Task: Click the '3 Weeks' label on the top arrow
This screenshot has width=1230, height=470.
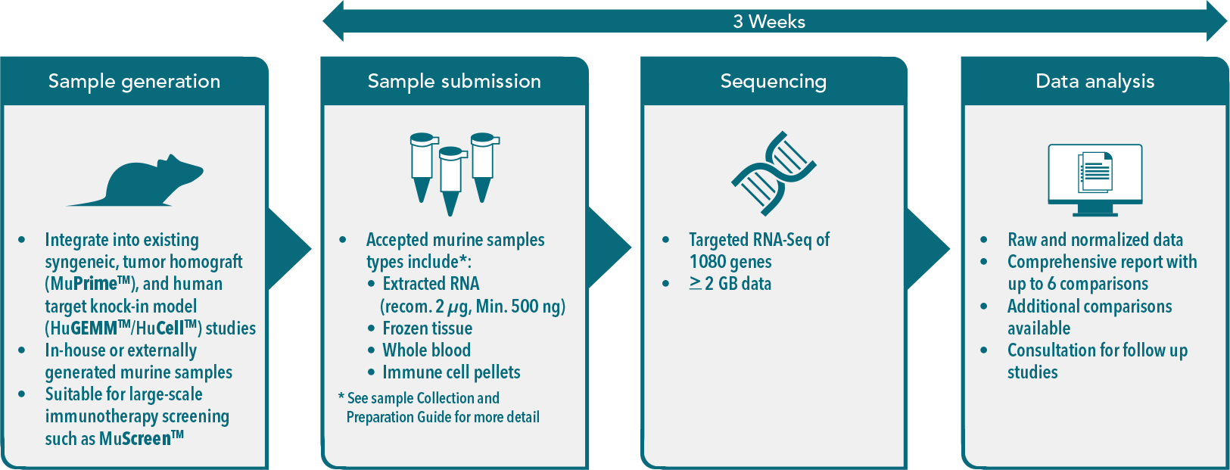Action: [x=768, y=21]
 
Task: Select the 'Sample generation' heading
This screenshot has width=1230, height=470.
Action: [x=134, y=81]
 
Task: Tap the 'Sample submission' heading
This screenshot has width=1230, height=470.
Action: [x=454, y=81]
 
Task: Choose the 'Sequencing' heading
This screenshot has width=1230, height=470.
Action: [x=773, y=81]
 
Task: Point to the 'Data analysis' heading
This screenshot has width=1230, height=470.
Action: [x=1095, y=81]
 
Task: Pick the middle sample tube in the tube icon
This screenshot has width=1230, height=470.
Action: [x=450, y=179]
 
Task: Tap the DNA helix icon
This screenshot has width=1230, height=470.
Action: [x=773, y=173]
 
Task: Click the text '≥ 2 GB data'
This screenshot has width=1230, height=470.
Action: [x=730, y=284]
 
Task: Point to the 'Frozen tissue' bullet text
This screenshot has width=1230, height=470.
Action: [x=427, y=328]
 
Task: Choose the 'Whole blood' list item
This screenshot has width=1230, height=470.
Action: [x=426, y=350]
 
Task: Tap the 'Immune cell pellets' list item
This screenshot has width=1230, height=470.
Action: [x=451, y=372]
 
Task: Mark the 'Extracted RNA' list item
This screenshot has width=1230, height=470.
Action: [x=431, y=284]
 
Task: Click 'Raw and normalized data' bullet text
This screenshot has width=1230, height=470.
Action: [x=1095, y=240]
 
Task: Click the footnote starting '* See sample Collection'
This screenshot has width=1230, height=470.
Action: [x=439, y=407]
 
